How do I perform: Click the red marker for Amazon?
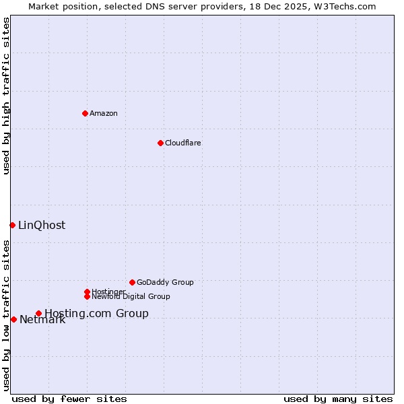pos(85,113)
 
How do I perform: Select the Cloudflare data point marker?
pos(160,143)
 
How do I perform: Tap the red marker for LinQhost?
pos(12,225)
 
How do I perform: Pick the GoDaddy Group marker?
pos(132,282)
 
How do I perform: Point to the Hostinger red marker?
pos(87,292)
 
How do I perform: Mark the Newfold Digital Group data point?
pos(87,296)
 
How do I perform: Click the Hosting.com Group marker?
pos(38,313)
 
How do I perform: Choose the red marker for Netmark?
pos(13,319)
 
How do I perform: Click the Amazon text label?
pos(104,113)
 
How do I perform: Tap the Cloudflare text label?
pos(182,143)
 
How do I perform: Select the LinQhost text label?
pos(42,225)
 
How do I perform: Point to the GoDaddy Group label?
pos(165,282)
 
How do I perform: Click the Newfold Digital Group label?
pos(131,296)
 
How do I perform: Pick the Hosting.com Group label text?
pos(96,313)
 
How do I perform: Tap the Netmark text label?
pos(42,320)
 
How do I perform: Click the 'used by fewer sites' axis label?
pos(69,399)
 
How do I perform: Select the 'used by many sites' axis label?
pos(338,399)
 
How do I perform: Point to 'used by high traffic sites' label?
pos(6,96)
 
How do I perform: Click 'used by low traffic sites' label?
pos(6,314)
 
